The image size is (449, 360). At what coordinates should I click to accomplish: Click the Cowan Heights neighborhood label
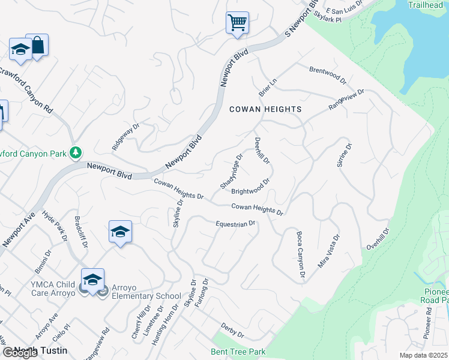click(x=265, y=109)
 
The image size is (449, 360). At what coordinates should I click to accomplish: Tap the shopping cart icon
click(x=237, y=23)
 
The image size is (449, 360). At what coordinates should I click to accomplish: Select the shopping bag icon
click(x=38, y=46)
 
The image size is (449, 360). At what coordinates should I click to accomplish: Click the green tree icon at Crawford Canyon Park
click(x=76, y=154)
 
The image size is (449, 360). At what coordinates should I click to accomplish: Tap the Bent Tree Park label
click(x=238, y=351)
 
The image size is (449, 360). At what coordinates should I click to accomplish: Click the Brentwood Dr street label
click(x=328, y=74)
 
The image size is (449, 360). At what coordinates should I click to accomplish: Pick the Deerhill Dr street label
click(x=262, y=151)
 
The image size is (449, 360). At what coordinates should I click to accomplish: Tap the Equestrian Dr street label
click(x=236, y=224)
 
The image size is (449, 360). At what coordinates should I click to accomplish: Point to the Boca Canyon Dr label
click(x=301, y=254)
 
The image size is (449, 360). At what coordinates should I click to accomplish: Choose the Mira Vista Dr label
click(x=328, y=251)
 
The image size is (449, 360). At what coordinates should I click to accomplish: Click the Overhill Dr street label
click(x=378, y=239)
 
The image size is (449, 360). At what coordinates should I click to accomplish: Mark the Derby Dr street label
click(x=233, y=331)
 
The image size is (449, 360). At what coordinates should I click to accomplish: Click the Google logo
click(x=20, y=353)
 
